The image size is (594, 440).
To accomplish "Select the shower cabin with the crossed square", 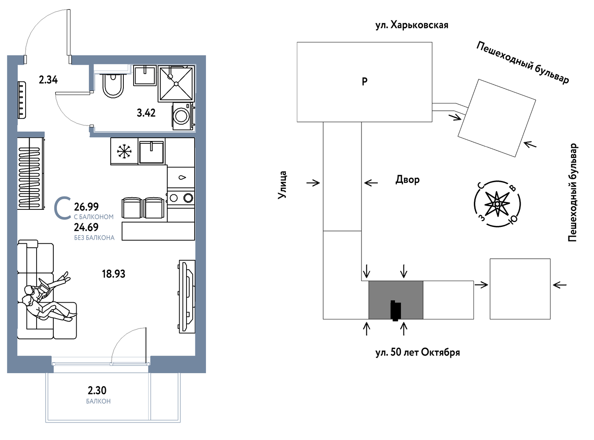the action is [x=176, y=84].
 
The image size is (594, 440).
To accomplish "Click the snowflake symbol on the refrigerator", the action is [x=124, y=152].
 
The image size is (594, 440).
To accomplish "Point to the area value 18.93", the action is [x=114, y=274].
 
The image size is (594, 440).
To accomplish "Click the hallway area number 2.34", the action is [x=48, y=80].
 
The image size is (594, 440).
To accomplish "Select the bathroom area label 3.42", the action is [x=146, y=113].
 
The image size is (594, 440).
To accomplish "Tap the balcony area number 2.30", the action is [x=97, y=390].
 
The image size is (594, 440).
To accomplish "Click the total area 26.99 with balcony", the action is [x=86, y=207].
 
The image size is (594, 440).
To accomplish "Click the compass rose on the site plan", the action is [x=498, y=204].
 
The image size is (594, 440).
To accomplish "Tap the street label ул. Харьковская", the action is [x=412, y=25].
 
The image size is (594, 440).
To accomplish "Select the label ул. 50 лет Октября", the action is [x=418, y=352].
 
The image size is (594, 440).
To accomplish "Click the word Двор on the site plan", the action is [x=408, y=180].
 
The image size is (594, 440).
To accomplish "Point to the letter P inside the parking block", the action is [x=364, y=81].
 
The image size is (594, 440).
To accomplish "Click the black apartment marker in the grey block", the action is [x=396, y=310].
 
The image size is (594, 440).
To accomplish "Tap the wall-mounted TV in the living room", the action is [x=187, y=297].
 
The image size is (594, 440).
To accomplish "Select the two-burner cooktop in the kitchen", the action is [x=181, y=198].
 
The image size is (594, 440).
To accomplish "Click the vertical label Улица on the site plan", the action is [x=282, y=185].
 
